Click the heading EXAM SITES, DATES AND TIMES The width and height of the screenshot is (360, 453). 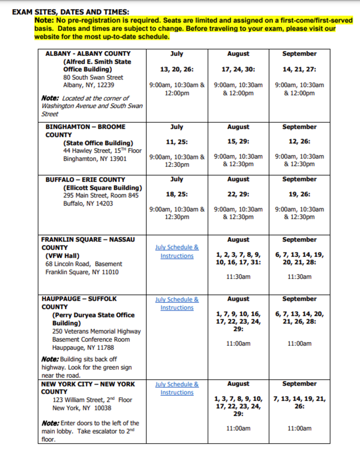[71, 13]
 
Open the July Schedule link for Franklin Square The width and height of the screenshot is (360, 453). [177, 252]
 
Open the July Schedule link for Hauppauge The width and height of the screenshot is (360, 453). [177, 304]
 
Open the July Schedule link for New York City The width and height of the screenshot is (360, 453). [177, 388]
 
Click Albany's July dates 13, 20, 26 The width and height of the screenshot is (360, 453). [177, 69]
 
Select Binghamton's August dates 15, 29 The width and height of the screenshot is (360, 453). [238, 142]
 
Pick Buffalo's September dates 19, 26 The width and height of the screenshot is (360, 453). [299, 194]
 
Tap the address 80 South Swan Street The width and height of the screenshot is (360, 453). [93, 77]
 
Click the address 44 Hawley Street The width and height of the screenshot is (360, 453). [102, 151]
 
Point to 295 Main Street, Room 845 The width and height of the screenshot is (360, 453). [101, 195]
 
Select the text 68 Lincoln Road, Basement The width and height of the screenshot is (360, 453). [83, 264]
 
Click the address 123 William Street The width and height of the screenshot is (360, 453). [92, 400]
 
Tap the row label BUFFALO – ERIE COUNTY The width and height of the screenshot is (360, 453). [85, 180]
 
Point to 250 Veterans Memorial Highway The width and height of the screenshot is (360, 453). [96, 331]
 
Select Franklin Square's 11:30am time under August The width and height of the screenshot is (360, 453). [238, 277]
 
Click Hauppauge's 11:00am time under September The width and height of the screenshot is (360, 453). [299, 344]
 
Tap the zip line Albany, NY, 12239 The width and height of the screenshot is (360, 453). [89, 85]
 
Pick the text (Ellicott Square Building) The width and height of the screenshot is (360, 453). [102, 188]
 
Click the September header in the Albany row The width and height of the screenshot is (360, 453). [299, 54]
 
